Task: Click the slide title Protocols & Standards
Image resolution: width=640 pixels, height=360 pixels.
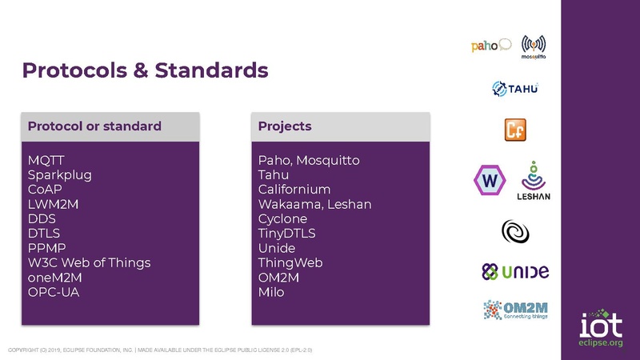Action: [145, 70]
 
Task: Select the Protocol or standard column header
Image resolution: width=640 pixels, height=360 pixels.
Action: [94, 126]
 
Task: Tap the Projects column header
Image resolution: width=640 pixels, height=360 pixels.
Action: [285, 126]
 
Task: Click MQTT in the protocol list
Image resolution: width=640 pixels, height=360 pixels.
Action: [46, 160]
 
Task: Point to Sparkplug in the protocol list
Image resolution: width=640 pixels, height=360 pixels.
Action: [60, 174]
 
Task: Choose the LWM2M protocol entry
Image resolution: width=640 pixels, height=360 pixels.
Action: [54, 204]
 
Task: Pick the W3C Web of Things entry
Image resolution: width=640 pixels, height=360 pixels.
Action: [89, 262]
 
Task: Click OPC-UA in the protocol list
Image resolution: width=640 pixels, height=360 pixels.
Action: [54, 292]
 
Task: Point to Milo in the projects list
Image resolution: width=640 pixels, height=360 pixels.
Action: [271, 292]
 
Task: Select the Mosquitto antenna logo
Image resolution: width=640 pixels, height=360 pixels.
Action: [534, 45]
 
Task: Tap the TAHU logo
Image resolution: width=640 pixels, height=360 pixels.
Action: [514, 88]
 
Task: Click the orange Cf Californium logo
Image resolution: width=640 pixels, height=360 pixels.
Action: [514, 129]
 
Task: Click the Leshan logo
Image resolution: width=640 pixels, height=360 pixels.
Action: [534, 181]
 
